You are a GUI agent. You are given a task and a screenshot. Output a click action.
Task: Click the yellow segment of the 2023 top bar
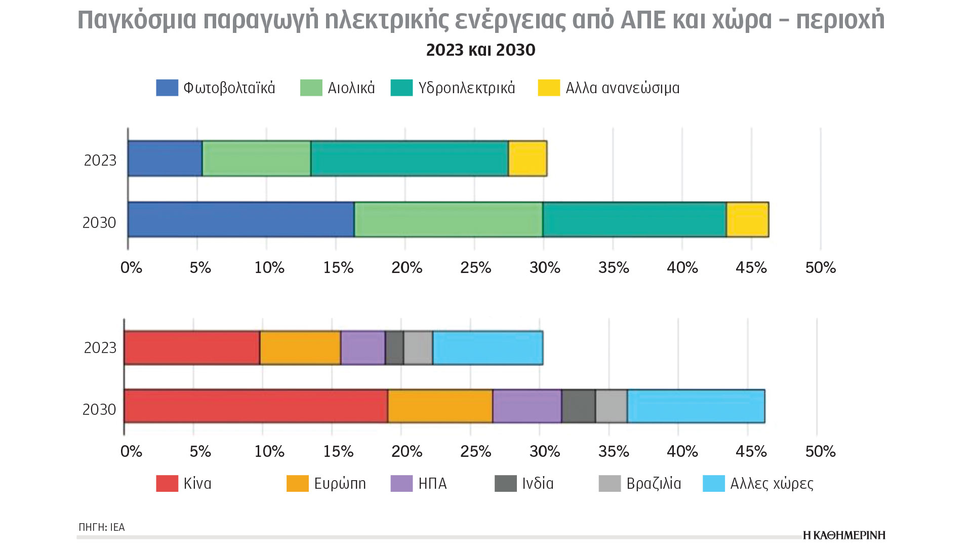(x=528, y=159)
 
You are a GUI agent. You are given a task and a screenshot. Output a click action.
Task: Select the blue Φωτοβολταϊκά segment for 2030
(x=241, y=219)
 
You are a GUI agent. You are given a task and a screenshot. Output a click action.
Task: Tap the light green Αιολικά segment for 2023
(x=256, y=159)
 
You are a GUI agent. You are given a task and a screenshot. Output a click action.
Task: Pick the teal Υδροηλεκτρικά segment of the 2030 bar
(x=634, y=219)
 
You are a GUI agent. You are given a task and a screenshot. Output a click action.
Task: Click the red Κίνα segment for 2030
(x=256, y=406)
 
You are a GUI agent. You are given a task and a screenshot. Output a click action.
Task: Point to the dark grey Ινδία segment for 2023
(x=394, y=347)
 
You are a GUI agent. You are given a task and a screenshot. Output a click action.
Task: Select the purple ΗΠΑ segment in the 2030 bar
(x=527, y=406)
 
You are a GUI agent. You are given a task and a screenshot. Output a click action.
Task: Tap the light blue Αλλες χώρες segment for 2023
(x=488, y=347)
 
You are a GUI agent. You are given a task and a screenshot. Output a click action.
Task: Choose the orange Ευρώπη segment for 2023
(x=300, y=347)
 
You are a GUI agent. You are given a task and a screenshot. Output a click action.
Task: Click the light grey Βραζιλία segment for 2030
(x=611, y=406)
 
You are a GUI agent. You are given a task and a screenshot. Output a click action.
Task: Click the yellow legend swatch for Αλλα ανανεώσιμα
(x=549, y=88)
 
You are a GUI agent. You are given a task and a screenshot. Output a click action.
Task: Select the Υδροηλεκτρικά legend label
(x=466, y=88)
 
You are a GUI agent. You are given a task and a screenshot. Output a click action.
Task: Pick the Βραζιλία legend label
(x=654, y=484)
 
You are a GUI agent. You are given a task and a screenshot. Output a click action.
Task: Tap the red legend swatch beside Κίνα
(x=167, y=484)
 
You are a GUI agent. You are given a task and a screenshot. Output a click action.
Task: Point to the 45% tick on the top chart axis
(x=751, y=267)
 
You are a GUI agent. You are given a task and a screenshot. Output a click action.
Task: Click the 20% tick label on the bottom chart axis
(x=407, y=451)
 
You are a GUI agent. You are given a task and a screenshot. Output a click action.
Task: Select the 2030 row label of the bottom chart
(x=99, y=409)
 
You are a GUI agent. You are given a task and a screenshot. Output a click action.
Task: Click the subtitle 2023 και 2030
(x=480, y=50)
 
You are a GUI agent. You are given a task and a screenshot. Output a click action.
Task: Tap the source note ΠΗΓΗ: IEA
(x=102, y=527)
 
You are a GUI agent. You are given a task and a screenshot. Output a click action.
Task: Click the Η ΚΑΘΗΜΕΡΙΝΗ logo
(x=844, y=535)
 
